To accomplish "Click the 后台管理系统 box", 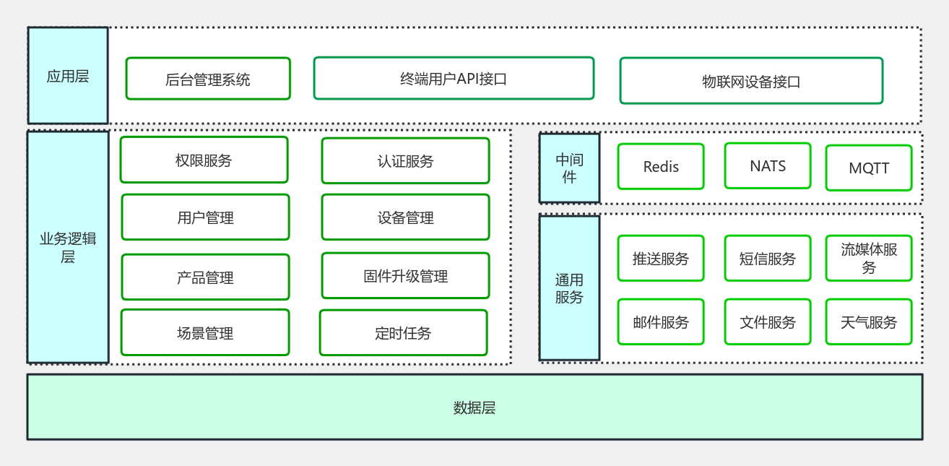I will [x=208, y=79].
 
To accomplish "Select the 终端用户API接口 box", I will [x=454, y=78].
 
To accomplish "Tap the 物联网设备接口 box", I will [x=751, y=81].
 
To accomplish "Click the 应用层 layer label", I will [x=68, y=76].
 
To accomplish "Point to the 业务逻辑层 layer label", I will [x=68, y=247].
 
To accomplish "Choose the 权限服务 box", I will [x=204, y=160].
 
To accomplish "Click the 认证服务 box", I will [x=405, y=160].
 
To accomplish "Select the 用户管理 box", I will [x=205, y=217].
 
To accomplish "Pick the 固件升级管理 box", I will [x=405, y=275].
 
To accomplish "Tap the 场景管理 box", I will [x=205, y=332].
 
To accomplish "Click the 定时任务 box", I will [x=403, y=332].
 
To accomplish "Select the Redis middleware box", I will [x=661, y=166].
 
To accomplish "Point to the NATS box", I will [x=768, y=165].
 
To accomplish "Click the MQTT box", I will [x=869, y=168].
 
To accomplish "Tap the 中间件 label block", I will [x=569, y=168].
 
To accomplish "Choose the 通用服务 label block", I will [x=569, y=288].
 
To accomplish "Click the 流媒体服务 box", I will [x=869, y=258].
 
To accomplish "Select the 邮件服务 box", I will [x=661, y=322].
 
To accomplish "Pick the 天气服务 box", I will [x=869, y=322].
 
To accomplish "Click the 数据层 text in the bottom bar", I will [x=474, y=407].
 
